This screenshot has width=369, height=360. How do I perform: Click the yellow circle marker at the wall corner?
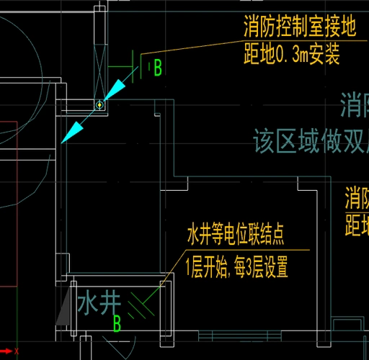[x=99, y=105]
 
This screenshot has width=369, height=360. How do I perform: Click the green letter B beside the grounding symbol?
[x=157, y=68]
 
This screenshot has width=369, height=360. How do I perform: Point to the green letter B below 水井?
[x=117, y=325]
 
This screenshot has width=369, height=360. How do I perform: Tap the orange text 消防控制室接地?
[x=300, y=28]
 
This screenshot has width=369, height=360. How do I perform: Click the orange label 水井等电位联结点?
[x=244, y=235]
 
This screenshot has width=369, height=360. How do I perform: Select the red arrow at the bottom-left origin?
[x=7, y=351]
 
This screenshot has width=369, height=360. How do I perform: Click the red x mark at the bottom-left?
[x=17, y=351]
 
